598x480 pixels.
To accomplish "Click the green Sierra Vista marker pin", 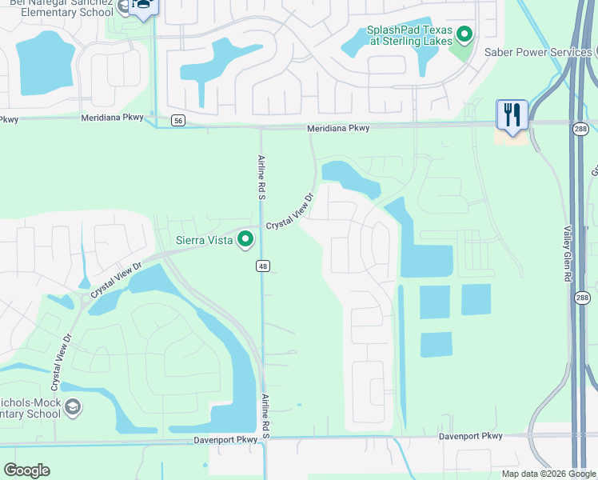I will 246,239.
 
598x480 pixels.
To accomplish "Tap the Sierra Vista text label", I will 205,240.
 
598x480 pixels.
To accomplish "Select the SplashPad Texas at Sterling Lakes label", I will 409,36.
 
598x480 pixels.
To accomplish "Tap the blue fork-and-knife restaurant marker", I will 511,114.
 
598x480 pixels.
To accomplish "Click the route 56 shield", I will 177,120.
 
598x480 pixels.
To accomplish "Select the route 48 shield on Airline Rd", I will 262,265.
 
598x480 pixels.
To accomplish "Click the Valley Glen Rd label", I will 568,252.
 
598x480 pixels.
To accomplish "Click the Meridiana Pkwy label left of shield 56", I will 113,117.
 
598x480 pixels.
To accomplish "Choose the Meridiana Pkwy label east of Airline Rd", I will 338,128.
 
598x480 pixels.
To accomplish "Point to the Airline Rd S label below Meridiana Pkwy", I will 261,177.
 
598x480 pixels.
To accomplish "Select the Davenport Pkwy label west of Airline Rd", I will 226,439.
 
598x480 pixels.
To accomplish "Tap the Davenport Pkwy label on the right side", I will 471,436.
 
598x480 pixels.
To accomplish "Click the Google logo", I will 26,470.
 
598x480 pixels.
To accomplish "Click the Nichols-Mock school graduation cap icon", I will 72,408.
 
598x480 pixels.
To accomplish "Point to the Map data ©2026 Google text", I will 548,474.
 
